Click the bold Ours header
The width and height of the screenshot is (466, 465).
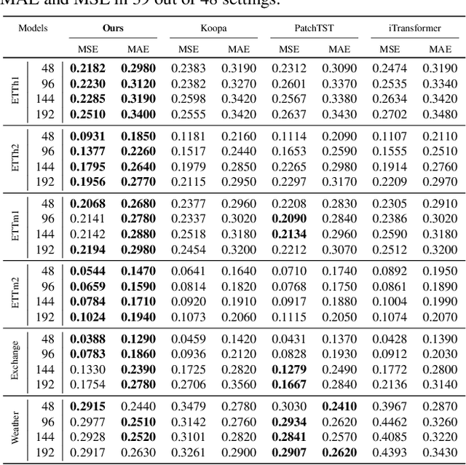(113, 28)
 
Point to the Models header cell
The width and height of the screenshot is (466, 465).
(34, 28)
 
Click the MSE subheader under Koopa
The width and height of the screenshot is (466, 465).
(188, 49)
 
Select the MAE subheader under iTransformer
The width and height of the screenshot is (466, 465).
(439, 49)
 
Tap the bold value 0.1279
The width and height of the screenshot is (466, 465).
(288, 367)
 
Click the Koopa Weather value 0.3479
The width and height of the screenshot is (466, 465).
(188, 407)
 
